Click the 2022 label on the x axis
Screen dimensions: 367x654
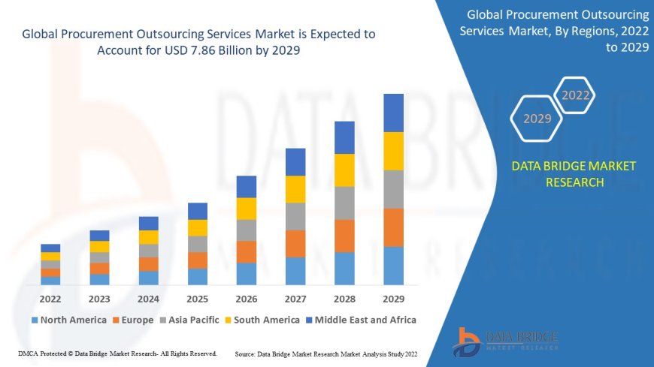[50, 298]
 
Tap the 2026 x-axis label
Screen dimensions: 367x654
[247, 298]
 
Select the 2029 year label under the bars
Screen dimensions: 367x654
[393, 298]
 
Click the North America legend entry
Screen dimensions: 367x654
[68, 320]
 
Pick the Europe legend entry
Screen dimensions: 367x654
[133, 320]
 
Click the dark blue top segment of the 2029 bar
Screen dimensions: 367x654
[393, 113]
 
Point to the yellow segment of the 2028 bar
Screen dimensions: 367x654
[344, 170]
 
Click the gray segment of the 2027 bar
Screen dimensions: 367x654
[295, 216]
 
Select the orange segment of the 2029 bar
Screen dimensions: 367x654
[393, 227]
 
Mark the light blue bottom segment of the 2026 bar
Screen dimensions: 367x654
[247, 273]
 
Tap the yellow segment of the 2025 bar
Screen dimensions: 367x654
[198, 227]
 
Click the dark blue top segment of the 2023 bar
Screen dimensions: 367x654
[99, 236]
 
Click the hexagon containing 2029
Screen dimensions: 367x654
[537, 119]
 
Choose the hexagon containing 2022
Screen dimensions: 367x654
[576, 95]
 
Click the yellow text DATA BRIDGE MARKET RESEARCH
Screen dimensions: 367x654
[573, 174]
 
